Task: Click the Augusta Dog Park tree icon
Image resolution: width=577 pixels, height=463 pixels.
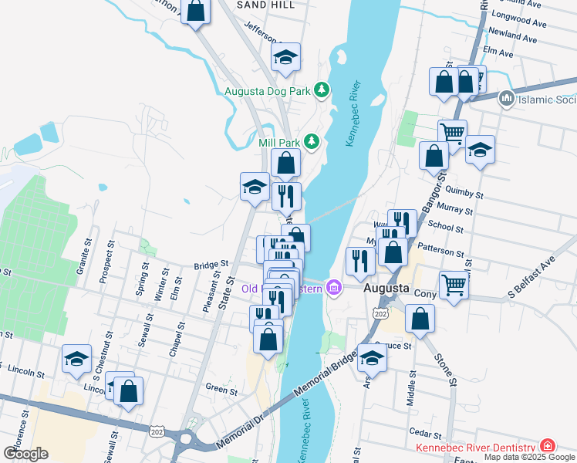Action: point(321,91)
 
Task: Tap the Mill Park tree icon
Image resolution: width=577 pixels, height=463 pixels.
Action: point(311,141)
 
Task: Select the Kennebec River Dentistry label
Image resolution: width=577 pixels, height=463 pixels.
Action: point(475,448)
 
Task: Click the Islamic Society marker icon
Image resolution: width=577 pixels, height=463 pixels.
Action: point(507,98)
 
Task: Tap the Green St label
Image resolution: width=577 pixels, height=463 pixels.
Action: point(221,390)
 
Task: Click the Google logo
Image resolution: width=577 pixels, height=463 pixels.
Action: point(25,454)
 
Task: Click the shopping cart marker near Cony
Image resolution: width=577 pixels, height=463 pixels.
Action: point(454,286)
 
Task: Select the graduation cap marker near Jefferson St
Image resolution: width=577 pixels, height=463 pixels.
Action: point(285,58)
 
